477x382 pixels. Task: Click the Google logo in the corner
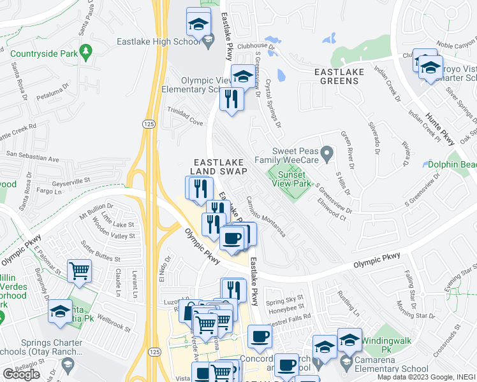pyautogui.click(x=21, y=374)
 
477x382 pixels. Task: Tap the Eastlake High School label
pyautogui.click(x=158, y=42)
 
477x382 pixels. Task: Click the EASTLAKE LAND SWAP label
pyautogui.click(x=217, y=167)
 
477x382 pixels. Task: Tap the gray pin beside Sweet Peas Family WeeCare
pyautogui.click(x=327, y=153)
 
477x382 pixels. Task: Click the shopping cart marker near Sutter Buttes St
pyautogui.click(x=79, y=271)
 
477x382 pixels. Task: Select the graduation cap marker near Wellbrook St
pyautogui.click(x=60, y=311)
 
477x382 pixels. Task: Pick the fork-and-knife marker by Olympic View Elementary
pyautogui.click(x=231, y=99)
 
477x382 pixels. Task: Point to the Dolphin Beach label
pyautogui.click(x=452, y=164)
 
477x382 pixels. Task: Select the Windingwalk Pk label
pyautogui.click(x=385, y=345)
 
